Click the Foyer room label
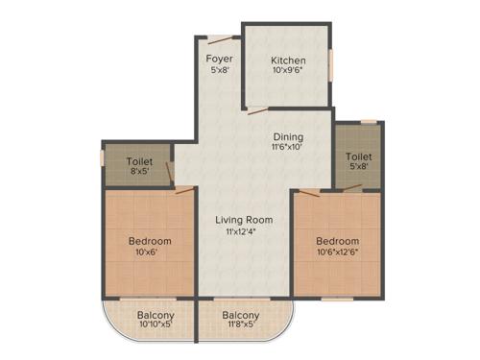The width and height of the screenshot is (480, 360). pyautogui.click(x=220, y=57)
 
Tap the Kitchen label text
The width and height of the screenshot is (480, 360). pyautogui.click(x=288, y=60)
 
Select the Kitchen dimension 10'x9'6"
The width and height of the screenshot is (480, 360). pyautogui.click(x=288, y=71)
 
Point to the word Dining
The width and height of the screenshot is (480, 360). pyautogui.click(x=288, y=136)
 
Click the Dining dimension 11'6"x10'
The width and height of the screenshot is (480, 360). pyautogui.click(x=288, y=148)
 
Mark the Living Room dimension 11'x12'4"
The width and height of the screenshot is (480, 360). pyautogui.click(x=239, y=231)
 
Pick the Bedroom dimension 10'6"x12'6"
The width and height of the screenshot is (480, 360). pyautogui.click(x=339, y=252)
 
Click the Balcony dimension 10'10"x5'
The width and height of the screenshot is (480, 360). pyautogui.click(x=155, y=326)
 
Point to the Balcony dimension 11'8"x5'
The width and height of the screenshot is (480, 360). pyautogui.click(x=240, y=326)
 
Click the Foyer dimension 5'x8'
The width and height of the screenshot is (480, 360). pyautogui.click(x=220, y=69)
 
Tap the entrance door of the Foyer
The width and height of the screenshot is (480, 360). pyautogui.click(x=221, y=39)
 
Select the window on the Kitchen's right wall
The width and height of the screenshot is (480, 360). pyautogui.click(x=332, y=66)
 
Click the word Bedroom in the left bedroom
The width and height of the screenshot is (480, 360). pyautogui.click(x=149, y=240)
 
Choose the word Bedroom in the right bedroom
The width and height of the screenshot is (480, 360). pyautogui.click(x=339, y=240)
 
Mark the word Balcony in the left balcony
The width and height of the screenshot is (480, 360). pyautogui.click(x=155, y=315)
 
